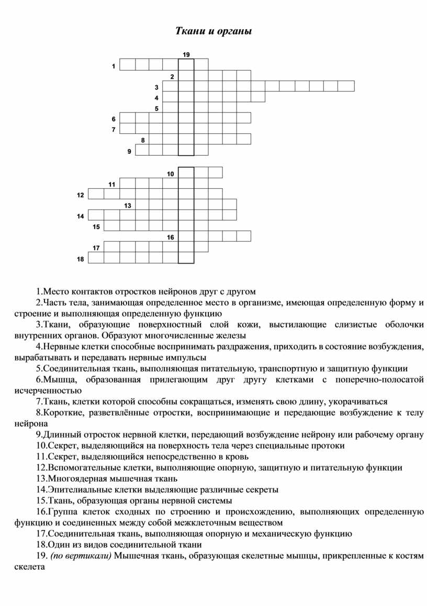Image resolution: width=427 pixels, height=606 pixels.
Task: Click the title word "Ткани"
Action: tap(188, 31)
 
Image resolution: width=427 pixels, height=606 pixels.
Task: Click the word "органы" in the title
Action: tap(234, 32)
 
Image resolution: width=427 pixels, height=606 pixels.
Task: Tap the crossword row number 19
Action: tap(186, 54)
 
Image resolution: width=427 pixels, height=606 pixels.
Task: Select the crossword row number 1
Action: tap(114, 66)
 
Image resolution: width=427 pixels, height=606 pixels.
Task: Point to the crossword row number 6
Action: tap(114, 119)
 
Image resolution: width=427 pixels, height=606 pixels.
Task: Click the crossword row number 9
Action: tap(129, 152)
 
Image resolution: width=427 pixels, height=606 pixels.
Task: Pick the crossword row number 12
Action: tap(80, 195)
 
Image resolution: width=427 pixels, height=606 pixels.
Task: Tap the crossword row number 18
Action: tap(80, 258)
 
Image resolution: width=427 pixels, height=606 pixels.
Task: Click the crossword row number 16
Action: tap(171, 237)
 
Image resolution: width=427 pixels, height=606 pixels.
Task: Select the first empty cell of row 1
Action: tap(127, 64)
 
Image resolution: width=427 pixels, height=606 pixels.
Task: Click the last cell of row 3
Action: tap(346, 86)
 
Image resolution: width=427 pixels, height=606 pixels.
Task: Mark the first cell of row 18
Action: tap(96, 257)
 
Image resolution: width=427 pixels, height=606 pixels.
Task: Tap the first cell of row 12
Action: tap(96, 194)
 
